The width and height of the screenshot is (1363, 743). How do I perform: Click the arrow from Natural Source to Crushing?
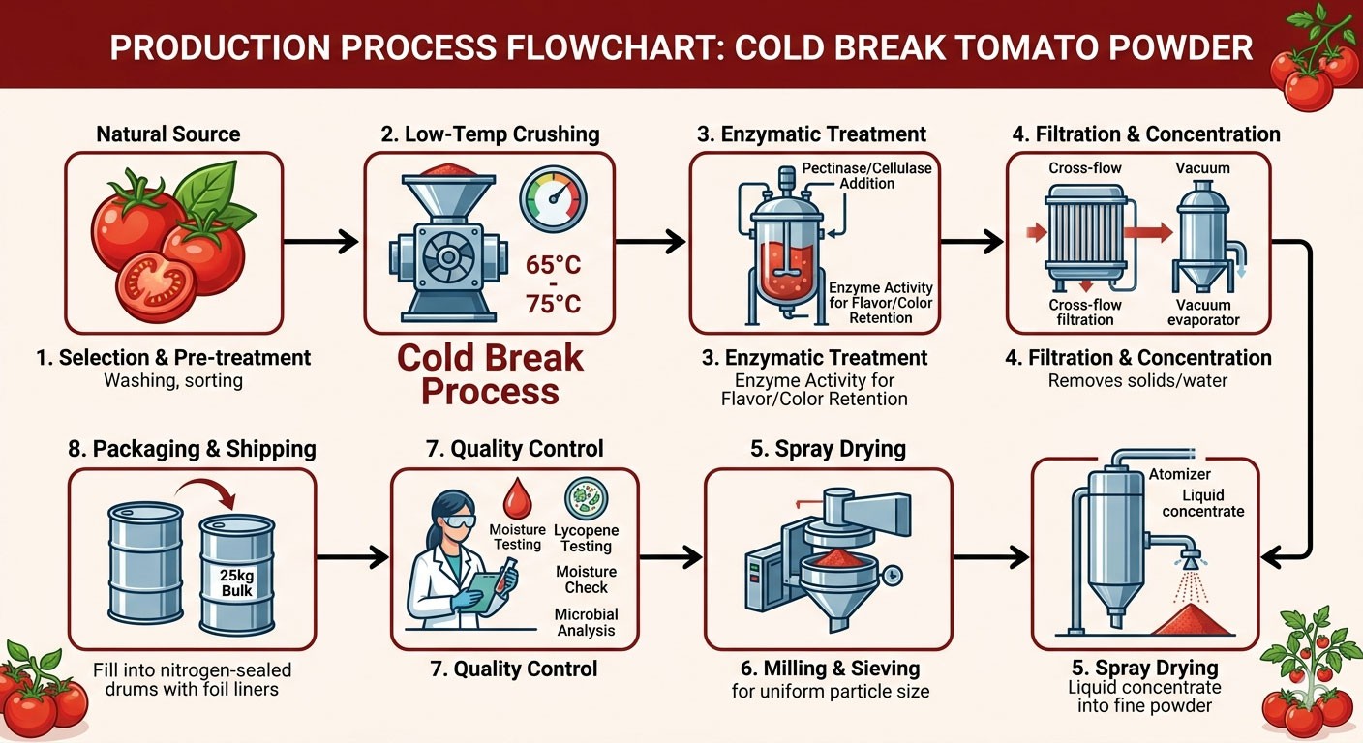click(x=323, y=241)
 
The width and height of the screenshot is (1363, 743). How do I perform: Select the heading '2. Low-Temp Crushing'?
click(x=490, y=134)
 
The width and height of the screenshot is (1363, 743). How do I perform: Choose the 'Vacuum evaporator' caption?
click(x=1203, y=312)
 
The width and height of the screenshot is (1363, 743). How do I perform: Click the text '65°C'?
click(x=553, y=264)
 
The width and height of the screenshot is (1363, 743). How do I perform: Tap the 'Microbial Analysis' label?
click(x=587, y=622)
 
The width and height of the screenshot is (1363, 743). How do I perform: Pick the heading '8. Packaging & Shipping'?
click(x=193, y=449)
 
